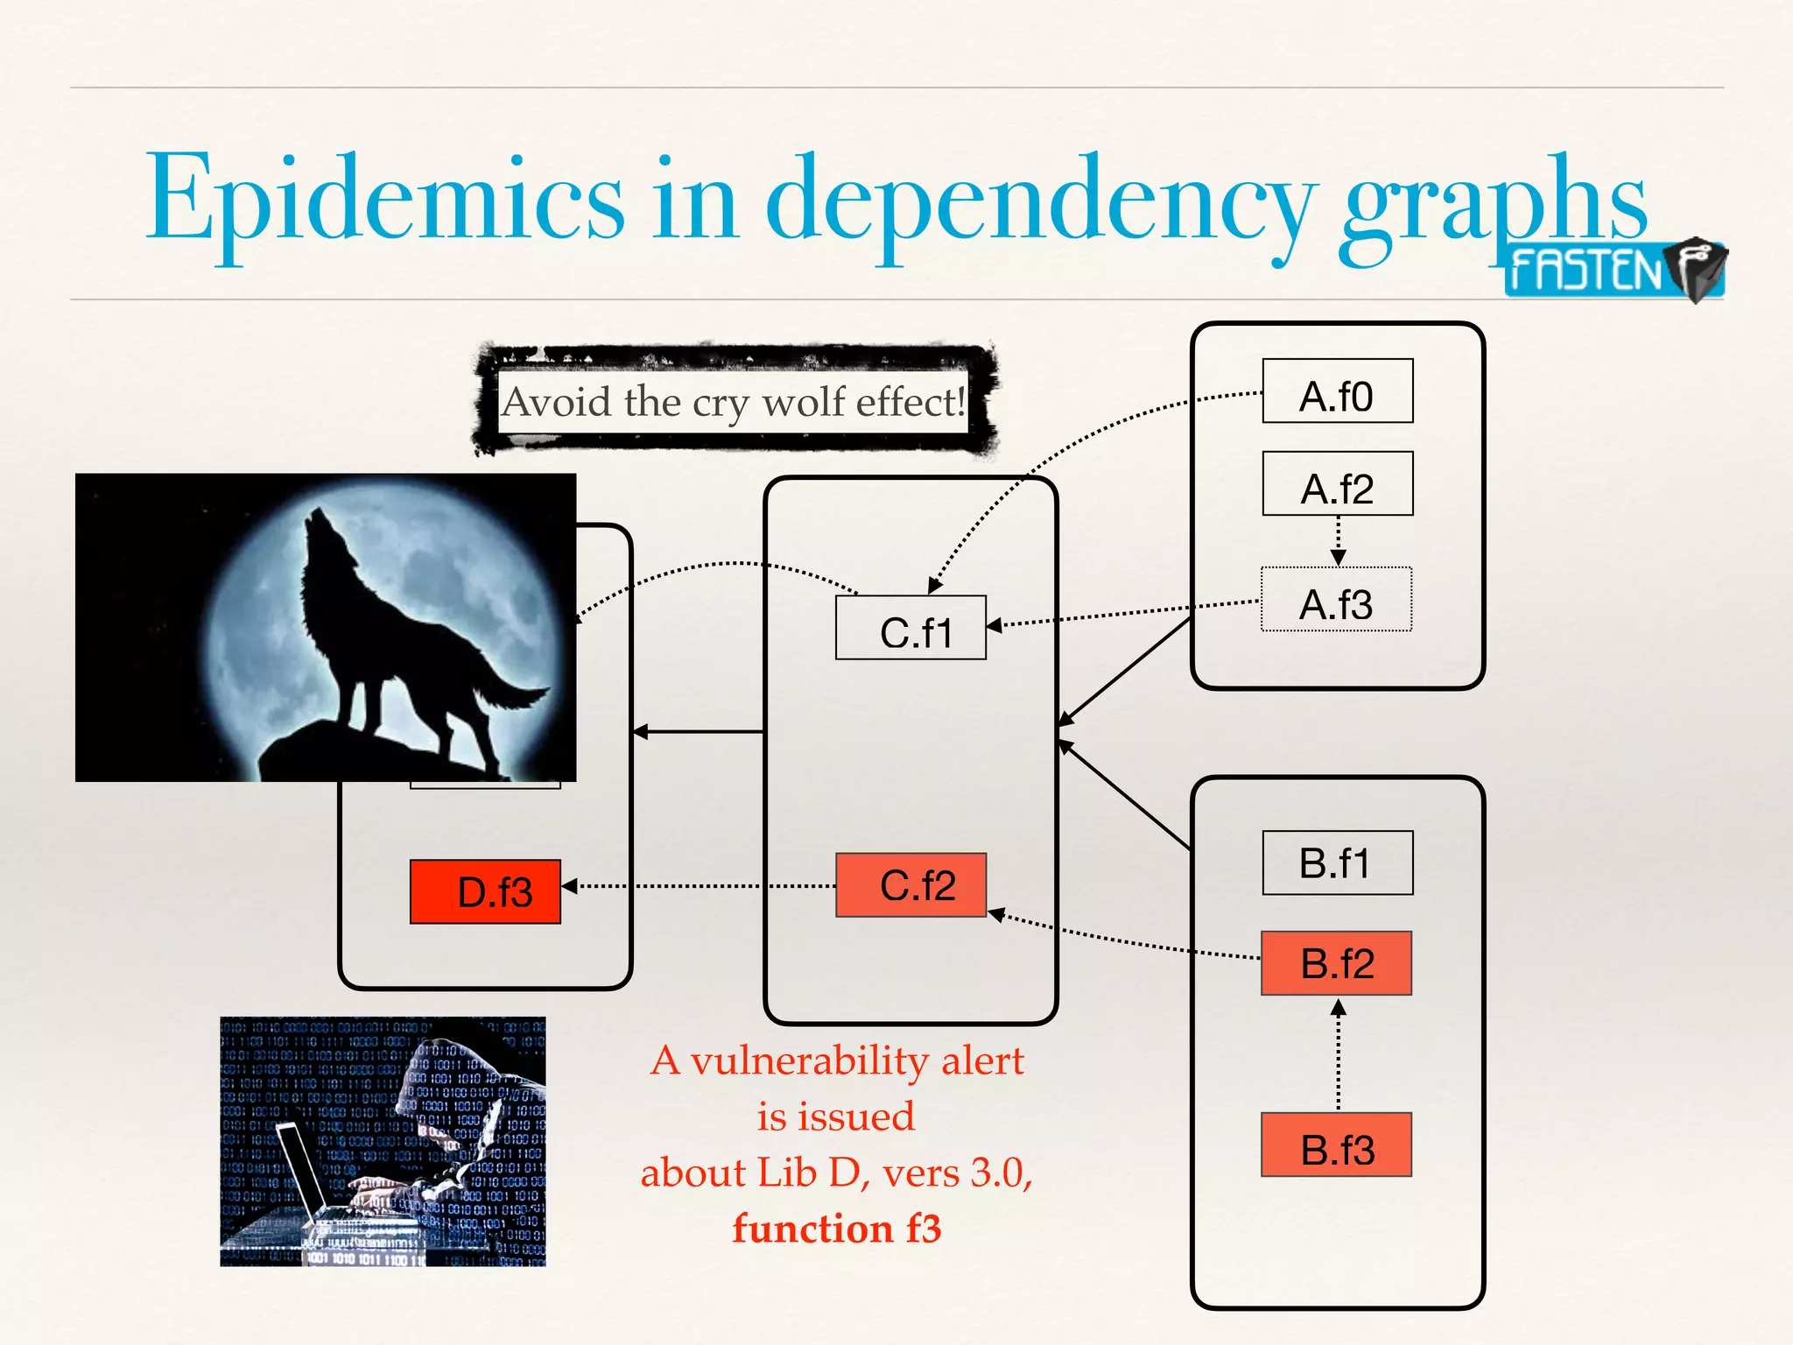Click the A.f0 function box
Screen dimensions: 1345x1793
click(1337, 391)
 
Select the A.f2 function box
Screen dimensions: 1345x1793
click(1337, 483)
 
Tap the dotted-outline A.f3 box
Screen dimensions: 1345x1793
click(1336, 600)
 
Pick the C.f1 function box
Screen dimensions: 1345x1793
click(911, 628)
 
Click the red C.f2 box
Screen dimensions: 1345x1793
click(911, 885)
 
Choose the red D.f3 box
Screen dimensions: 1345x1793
click(485, 891)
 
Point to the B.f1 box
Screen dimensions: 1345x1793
click(1337, 863)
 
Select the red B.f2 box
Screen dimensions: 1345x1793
click(1336, 963)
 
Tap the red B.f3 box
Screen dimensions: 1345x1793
click(1336, 1144)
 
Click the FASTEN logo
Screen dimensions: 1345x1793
click(1614, 270)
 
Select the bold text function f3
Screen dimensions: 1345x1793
click(836, 1229)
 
